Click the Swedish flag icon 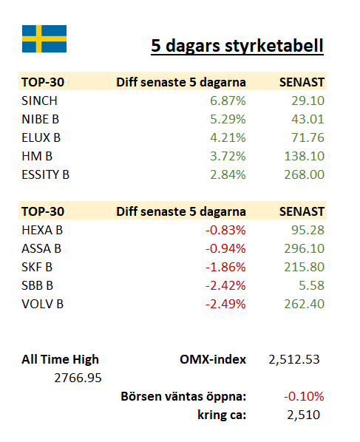pyautogui.click(x=44, y=38)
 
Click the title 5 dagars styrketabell pyautogui.click(x=237, y=46)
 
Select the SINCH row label pyautogui.click(x=39, y=101)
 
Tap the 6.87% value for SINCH pyautogui.click(x=228, y=101)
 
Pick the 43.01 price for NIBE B pyautogui.click(x=308, y=119)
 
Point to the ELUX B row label pyautogui.click(x=41, y=137)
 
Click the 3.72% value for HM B pyautogui.click(x=228, y=156)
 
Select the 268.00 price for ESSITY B pyautogui.click(x=304, y=174)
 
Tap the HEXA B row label pyautogui.click(x=42, y=230)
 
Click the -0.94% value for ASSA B pyautogui.click(x=225, y=248)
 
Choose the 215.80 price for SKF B pyautogui.click(x=304, y=267)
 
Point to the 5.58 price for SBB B pyautogui.click(x=311, y=285)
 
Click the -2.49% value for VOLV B pyautogui.click(x=225, y=305)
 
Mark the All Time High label pyautogui.click(x=61, y=359)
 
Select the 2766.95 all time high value pyautogui.click(x=78, y=378)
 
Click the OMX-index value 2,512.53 pyautogui.click(x=294, y=359)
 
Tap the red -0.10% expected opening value pyautogui.click(x=304, y=396)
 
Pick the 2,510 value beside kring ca pyautogui.click(x=304, y=415)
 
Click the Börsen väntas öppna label pyautogui.click(x=183, y=397)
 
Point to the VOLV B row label pyautogui.click(x=43, y=305)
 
